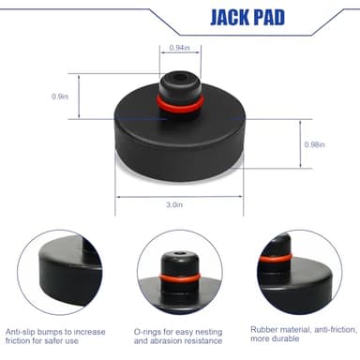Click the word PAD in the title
pyautogui.click(x=270, y=17)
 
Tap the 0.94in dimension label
pyautogui.click(x=180, y=48)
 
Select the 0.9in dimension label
pyautogui.click(x=60, y=97)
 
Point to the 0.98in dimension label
pyautogui.click(x=315, y=144)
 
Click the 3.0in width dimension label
pyautogui.click(x=174, y=204)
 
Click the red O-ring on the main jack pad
pyautogui.click(x=181, y=105)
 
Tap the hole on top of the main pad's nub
pyautogui.click(x=179, y=77)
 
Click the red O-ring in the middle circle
pyautogui.click(x=180, y=278)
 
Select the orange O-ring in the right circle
pyautogui.click(x=275, y=258)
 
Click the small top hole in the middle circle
pyautogui.click(x=179, y=253)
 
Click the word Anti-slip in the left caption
pyautogui.click(x=21, y=332)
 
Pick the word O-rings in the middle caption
pyautogui.click(x=149, y=332)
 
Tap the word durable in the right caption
pyautogui.click(x=285, y=338)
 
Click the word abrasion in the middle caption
pyautogui.click(x=167, y=341)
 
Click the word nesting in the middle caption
pyautogui.click(x=209, y=332)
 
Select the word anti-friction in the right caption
pyautogui.click(x=336, y=329)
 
